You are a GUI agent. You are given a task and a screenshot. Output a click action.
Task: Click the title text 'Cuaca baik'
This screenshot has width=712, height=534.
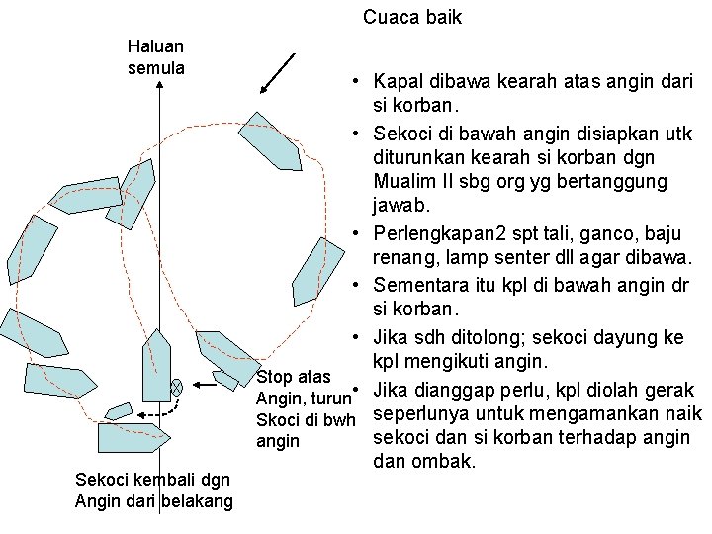412,18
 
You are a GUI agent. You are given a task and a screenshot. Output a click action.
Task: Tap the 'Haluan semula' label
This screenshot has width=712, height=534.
155,56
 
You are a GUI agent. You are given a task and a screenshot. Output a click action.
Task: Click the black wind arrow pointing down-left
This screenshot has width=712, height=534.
278,72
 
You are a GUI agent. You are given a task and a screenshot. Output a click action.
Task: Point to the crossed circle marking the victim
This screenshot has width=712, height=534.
176,388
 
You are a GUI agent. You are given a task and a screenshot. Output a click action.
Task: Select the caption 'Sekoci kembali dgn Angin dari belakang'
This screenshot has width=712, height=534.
153,491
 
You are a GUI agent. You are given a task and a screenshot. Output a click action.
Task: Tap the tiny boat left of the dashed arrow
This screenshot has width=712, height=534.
119,410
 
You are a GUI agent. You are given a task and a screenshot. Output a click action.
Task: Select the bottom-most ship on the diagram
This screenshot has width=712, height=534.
134,437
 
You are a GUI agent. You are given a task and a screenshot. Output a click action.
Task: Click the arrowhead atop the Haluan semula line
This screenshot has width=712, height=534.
159,88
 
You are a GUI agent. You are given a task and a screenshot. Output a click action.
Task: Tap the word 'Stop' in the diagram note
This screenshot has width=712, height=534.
274,377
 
